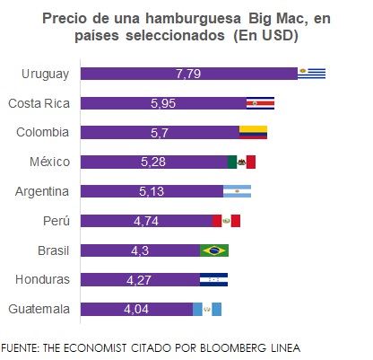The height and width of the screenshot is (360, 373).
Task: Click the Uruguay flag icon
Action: coord(312,74)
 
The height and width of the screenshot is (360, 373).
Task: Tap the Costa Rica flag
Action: coord(260,103)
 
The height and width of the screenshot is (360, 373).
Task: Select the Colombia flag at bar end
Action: coord(253,133)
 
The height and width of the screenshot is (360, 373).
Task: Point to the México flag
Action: coord(241,162)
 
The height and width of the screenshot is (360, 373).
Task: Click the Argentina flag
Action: coord(237,191)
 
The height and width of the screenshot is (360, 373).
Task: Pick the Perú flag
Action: coord(226,221)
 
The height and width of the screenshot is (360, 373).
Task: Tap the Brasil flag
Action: coord(214,250)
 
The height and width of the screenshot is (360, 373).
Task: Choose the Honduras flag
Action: coord(213,279)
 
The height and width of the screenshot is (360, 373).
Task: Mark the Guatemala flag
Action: coord(207,309)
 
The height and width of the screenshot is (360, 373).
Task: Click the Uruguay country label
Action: coord(43,74)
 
